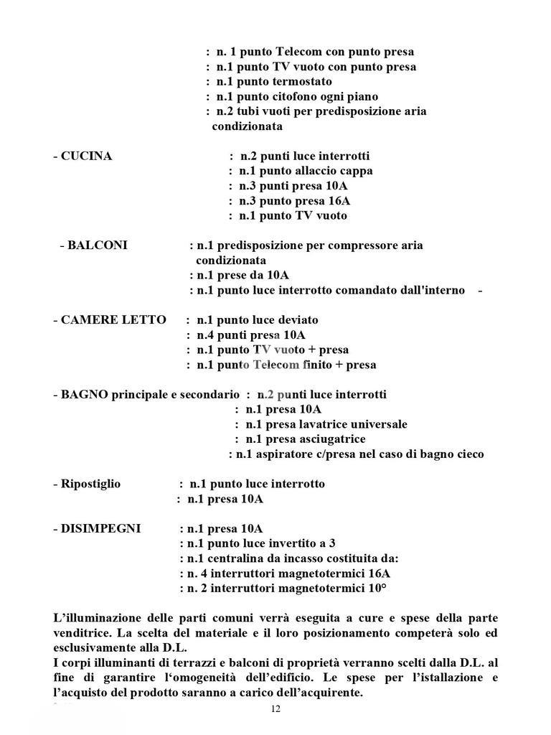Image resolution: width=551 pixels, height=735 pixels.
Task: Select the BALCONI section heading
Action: (98, 245)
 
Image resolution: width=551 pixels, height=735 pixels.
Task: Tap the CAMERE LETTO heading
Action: (113, 320)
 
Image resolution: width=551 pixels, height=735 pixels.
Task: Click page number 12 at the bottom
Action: (275, 709)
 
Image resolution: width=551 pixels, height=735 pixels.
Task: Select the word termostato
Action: (301, 82)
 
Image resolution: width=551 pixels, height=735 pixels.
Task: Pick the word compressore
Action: (343, 245)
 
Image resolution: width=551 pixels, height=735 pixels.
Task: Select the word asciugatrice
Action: (331, 439)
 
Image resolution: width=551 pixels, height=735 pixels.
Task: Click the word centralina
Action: (229, 558)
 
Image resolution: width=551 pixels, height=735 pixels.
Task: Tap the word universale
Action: (379, 424)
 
